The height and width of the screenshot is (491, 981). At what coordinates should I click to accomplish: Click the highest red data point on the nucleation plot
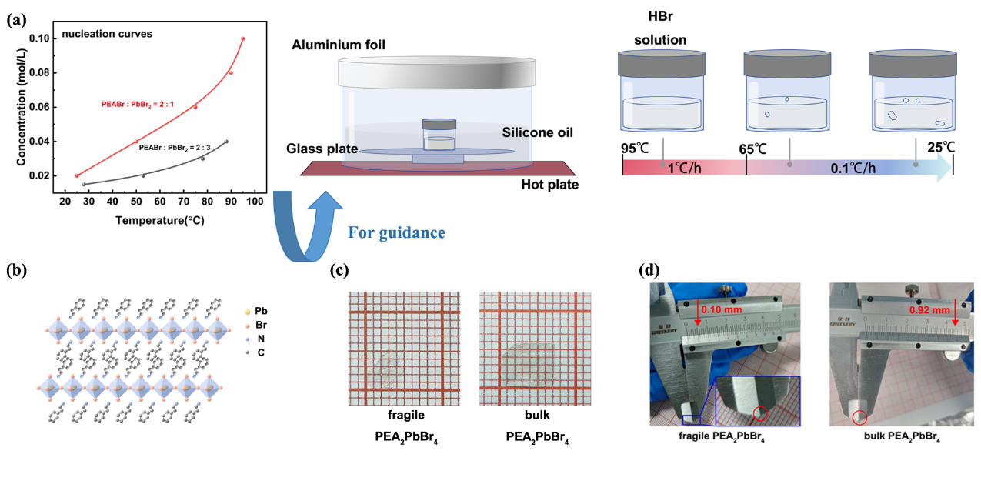[243, 38]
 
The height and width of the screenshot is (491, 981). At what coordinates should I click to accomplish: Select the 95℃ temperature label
[638, 148]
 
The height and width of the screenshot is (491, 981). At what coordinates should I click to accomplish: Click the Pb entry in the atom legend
[261, 312]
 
